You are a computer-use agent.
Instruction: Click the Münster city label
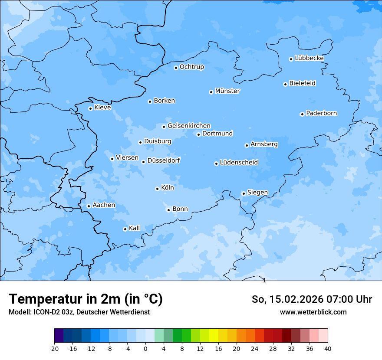(227, 91)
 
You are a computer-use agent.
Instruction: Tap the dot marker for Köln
(157, 189)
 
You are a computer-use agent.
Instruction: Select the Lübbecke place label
(309, 58)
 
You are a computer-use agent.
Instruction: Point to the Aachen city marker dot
(89, 206)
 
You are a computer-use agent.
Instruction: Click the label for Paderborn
(321, 113)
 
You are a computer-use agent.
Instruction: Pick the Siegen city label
(257, 193)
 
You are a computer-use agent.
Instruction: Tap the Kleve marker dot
(90, 108)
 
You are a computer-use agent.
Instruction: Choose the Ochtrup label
(191, 67)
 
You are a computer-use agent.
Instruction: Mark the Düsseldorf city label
(164, 160)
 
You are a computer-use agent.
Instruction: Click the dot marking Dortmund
(198, 134)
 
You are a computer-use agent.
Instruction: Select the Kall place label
(135, 228)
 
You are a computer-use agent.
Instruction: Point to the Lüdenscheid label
(239, 163)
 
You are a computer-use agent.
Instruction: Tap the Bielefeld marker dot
(285, 84)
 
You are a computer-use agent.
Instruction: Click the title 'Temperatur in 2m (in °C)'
(86, 299)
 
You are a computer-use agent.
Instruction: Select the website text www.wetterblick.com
(313, 312)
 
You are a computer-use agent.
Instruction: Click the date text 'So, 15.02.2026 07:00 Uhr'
(311, 299)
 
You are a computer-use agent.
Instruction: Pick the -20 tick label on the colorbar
(54, 348)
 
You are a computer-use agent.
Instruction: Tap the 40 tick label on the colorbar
(328, 348)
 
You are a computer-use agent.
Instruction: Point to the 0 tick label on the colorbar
(145, 348)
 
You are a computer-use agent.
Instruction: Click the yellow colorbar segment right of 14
(214, 336)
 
